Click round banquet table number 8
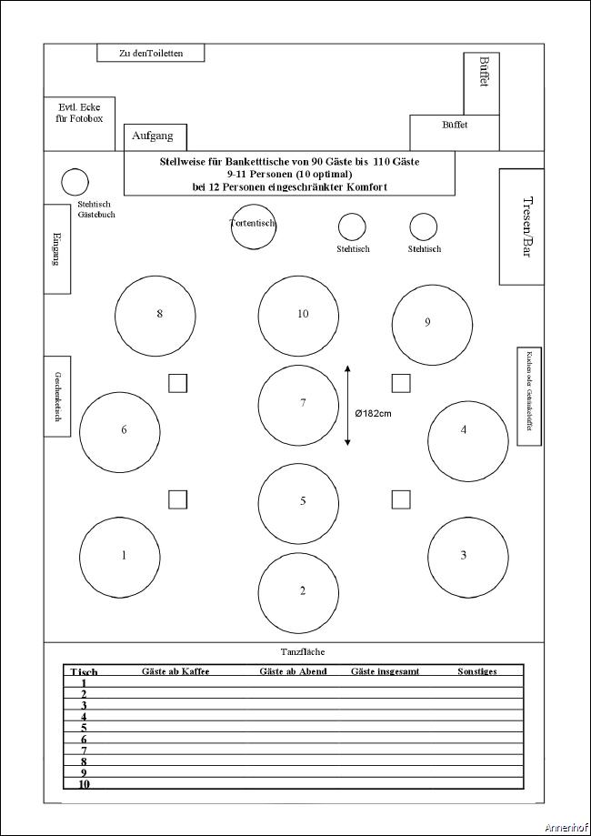coord(155,315)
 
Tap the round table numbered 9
coord(432,325)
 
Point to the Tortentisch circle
coord(253,226)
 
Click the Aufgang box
coord(155,136)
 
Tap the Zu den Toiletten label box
coord(151,53)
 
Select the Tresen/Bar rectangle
coord(521,227)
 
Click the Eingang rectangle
coord(57,248)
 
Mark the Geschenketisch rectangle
coord(57,396)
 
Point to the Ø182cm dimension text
coord(373,413)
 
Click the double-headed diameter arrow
coord(347,406)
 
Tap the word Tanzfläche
coord(303,651)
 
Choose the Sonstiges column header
coord(476,671)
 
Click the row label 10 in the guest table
coord(84,783)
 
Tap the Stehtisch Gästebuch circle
coord(75,182)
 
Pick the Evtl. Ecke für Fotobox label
coord(79,111)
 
